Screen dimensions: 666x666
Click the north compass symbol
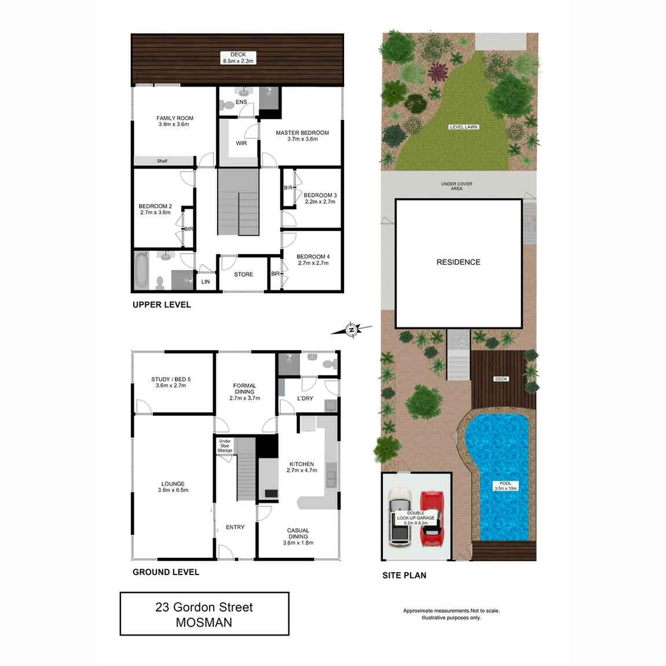(351, 330)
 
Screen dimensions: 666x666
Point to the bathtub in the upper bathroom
(141, 270)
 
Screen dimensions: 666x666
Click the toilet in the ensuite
(227, 105)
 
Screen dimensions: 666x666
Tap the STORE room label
(243, 275)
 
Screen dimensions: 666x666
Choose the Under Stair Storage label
(225, 446)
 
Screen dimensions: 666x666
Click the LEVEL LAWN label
(464, 127)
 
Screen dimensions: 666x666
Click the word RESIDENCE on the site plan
(458, 262)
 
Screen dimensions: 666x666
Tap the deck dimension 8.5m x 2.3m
(238, 61)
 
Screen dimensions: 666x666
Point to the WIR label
(241, 143)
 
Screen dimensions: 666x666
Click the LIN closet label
(206, 282)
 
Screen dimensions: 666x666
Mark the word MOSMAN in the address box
(204, 623)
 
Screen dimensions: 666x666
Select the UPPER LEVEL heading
(162, 305)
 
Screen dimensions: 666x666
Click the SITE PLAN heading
(404, 575)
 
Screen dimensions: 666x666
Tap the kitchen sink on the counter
(331, 478)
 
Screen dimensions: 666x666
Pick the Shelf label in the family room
(162, 161)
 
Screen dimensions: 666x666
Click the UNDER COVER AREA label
(456, 186)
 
